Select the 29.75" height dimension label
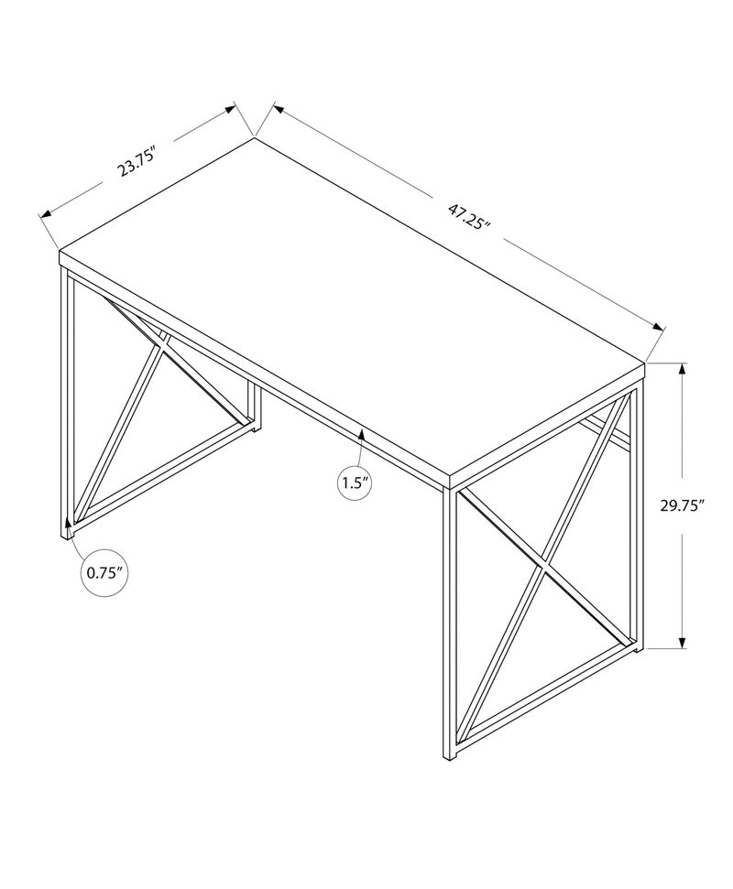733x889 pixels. (x=685, y=506)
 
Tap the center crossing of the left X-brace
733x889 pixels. (x=163, y=349)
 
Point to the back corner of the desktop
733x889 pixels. (x=255, y=139)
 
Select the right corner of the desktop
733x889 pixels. (x=647, y=364)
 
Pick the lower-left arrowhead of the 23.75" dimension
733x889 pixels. (x=42, y=215)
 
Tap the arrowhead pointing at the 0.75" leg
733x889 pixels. (x=66, y=528)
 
